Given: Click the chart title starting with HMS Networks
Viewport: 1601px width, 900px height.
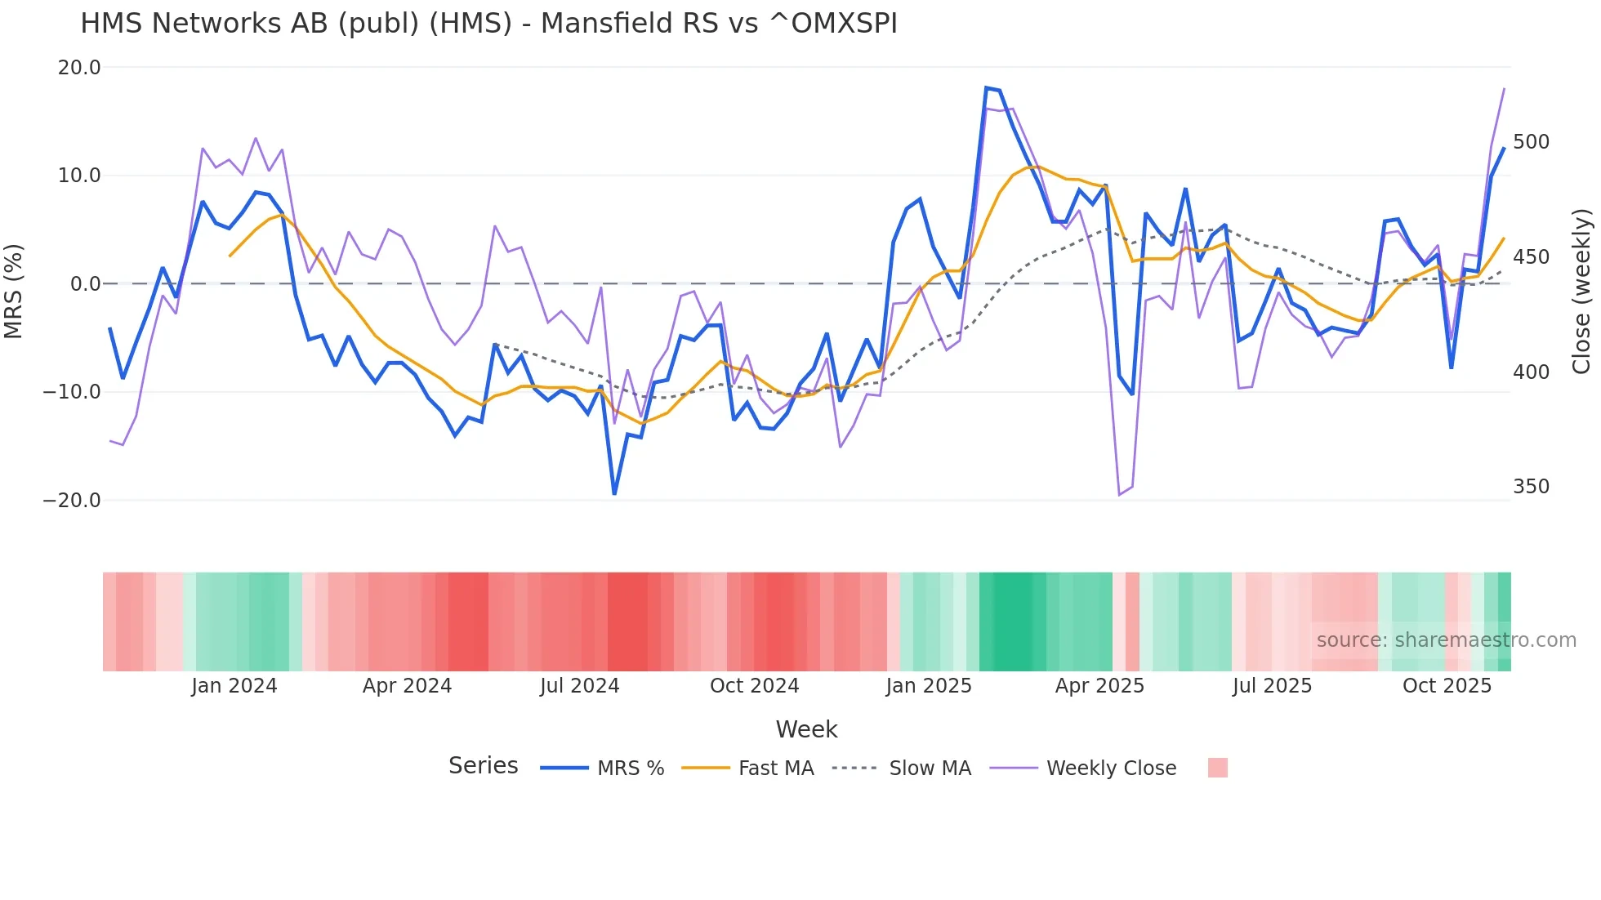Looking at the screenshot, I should pos(488,24).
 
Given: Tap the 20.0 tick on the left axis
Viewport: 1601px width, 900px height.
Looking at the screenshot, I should pos(79,68).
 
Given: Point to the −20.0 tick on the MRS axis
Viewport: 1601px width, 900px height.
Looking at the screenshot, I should pos(72,501).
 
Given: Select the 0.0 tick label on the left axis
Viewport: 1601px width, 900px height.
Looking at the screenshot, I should pos(85,284).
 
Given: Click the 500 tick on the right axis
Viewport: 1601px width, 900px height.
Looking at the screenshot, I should pos(1531,142).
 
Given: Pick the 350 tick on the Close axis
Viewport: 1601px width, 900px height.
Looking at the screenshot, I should pos(1531,487).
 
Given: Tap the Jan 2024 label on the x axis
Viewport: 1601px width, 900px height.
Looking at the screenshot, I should pos(234,686).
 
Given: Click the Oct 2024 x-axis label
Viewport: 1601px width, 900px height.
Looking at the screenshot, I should pos(754,686).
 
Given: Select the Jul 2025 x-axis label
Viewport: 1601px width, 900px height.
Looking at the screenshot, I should pos(1272,686).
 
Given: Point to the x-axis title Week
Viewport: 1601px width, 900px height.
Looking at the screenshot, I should pos(806,729).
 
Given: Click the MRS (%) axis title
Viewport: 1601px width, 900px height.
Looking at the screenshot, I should pos(14,291).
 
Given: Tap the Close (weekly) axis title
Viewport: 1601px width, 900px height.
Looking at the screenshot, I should pos(1581,291).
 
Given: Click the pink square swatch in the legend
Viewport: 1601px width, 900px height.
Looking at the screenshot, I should pos(1217,768).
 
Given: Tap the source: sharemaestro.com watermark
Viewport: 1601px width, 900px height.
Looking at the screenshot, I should pos(1446,640).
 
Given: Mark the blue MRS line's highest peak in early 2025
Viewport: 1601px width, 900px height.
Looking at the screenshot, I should pos(987,87).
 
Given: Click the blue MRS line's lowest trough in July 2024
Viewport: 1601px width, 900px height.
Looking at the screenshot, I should pos(614,493).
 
